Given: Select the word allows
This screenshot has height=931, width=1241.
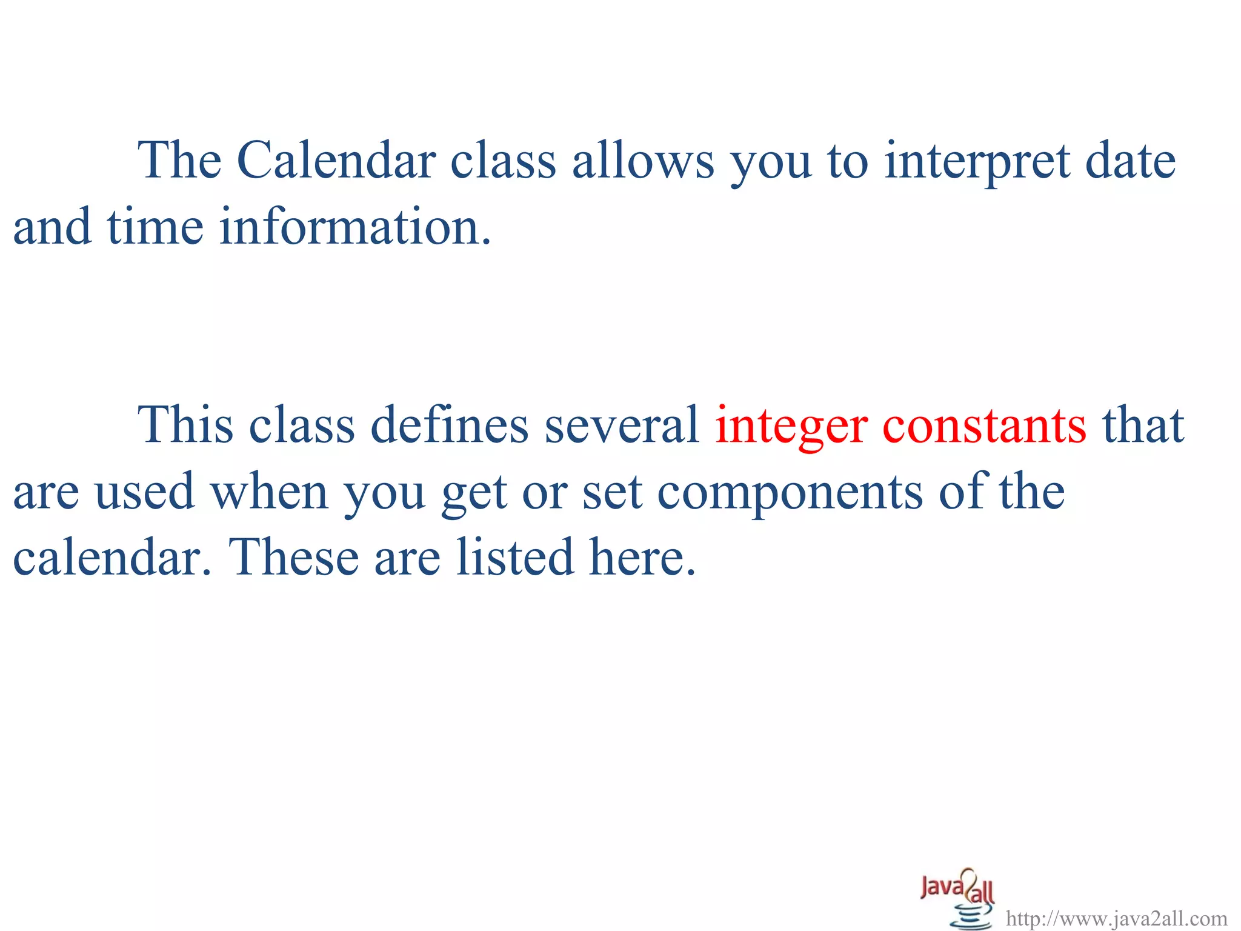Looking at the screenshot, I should click(x=643, y=161).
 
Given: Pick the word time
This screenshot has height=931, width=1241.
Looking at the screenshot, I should click(x=155, y=227).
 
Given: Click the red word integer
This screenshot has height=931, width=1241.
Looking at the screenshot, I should click(x=791, y=427).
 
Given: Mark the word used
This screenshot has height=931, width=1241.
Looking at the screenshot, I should click(x=145, y=492).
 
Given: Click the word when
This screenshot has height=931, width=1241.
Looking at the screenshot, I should click(x=269, y=492).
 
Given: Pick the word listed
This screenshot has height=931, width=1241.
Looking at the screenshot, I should click(x=514, y=557).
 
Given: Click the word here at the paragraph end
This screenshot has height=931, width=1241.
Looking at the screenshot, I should click(x=642, y=557).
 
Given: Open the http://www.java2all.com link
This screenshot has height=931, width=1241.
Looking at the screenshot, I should click(x=1116, y=919).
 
